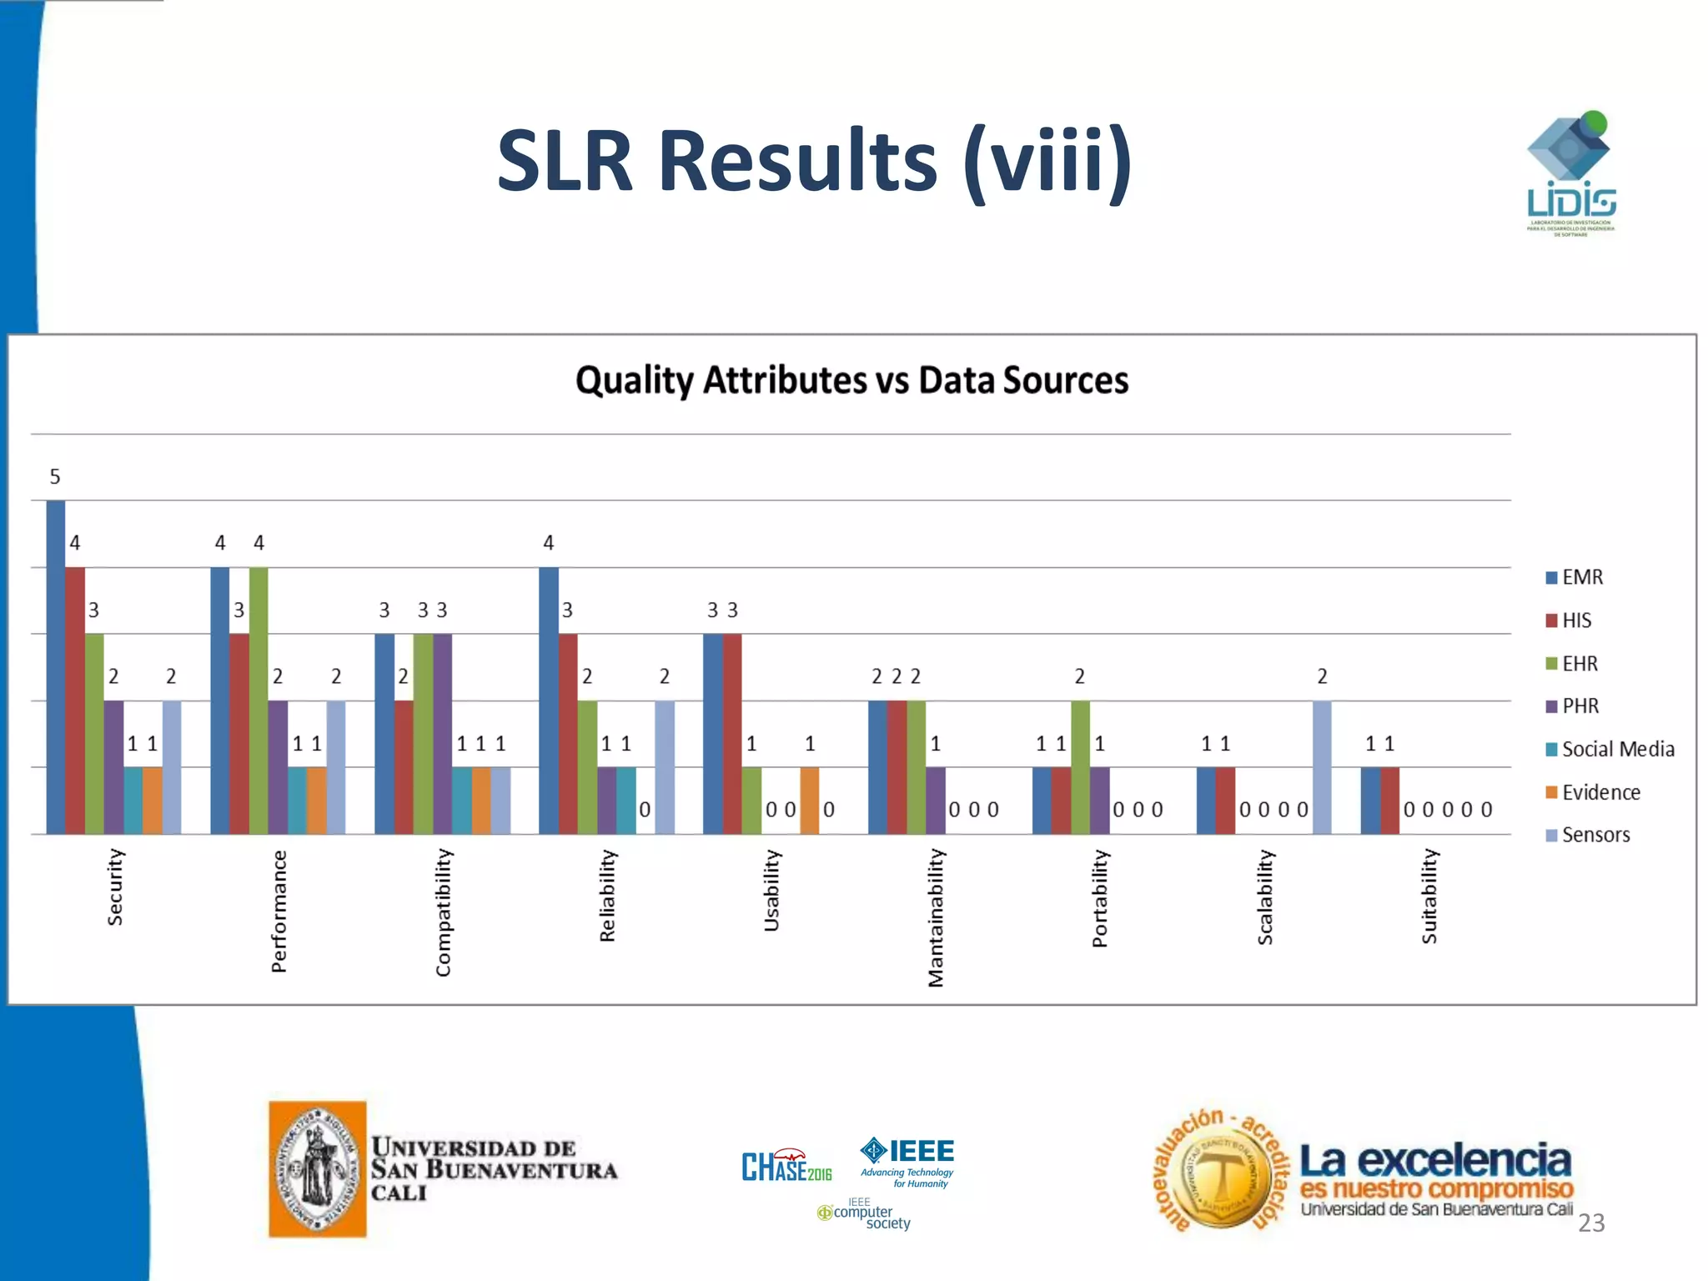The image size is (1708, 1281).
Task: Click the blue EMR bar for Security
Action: pos(55,667)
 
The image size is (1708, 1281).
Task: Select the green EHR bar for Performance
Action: pos(259,701)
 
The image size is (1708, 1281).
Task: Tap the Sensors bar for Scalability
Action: pos(1322,767)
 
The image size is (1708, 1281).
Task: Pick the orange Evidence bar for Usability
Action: pos(809,801)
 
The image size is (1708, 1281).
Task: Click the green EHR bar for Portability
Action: pos(1080,767)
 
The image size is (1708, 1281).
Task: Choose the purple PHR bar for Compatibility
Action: pos(442,734)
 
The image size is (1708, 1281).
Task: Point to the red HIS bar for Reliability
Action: pos(568,734)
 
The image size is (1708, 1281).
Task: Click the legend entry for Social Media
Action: pos(1609,749)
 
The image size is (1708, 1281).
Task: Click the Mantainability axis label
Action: pos(936,917)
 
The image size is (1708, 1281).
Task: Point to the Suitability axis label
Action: pos(1429,897)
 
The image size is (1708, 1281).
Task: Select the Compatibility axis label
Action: pos(443,912)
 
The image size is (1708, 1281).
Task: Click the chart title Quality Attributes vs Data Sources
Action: pos(851,380)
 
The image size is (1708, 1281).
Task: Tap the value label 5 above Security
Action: pos(55,477)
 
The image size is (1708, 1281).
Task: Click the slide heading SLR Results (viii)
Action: pos(814,160)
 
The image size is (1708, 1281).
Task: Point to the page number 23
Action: pos(1591,1223)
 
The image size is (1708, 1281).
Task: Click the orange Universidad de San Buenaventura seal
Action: pos(317,1168)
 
